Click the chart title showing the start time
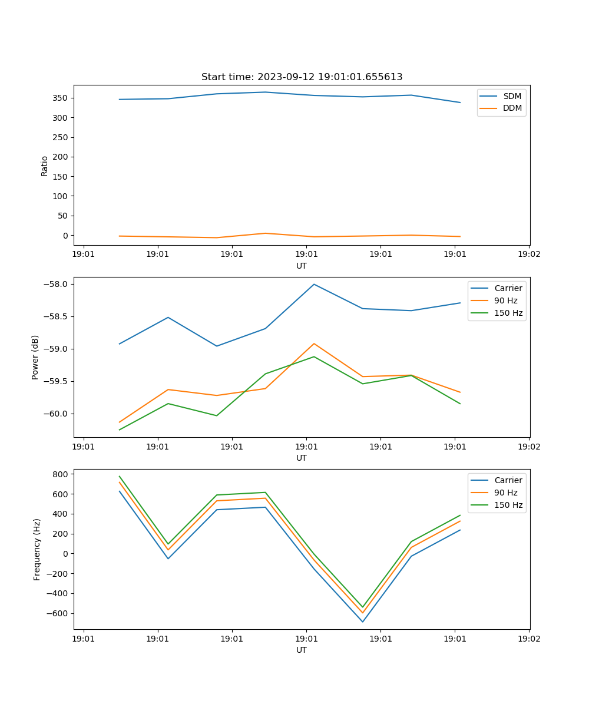(302, 77)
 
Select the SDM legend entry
(512, 95)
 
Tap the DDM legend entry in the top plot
(512, 108)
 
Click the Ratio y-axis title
(45, 166)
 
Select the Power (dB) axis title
(36, 357)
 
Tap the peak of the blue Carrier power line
(314, 284)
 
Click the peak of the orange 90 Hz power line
(314, 343)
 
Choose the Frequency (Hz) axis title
(37, 549)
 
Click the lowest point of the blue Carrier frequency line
(363, 622)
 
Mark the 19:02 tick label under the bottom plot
(528, 637)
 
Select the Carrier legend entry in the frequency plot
(508, 480)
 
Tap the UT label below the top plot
(302, 266)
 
